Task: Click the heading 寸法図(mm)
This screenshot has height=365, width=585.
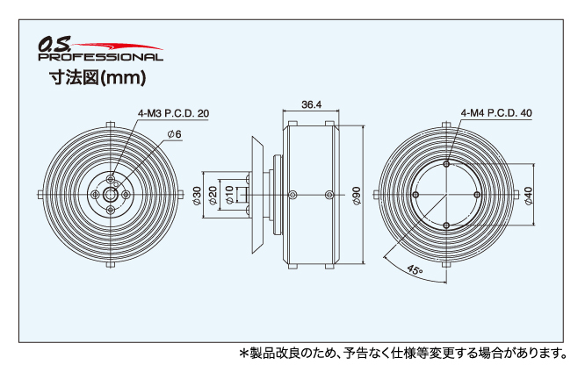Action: [97, 77]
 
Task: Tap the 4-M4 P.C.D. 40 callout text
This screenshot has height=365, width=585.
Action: [495, 113]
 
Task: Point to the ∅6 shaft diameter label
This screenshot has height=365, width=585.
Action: [174, 134]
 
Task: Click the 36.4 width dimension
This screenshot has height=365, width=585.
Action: [311, 104]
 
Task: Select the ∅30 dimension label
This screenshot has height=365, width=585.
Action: [197, 195]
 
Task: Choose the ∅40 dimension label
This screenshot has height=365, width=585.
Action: [528, 195]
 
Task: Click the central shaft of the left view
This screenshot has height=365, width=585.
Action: [111, 195]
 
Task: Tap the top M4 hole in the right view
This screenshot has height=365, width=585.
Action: [447, 163]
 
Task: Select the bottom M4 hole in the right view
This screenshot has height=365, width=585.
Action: [447, 226]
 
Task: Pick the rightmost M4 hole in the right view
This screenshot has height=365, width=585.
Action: [479, 195]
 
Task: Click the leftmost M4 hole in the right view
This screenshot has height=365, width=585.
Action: [415, 195]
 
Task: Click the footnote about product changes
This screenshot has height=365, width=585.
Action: [404, 353]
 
